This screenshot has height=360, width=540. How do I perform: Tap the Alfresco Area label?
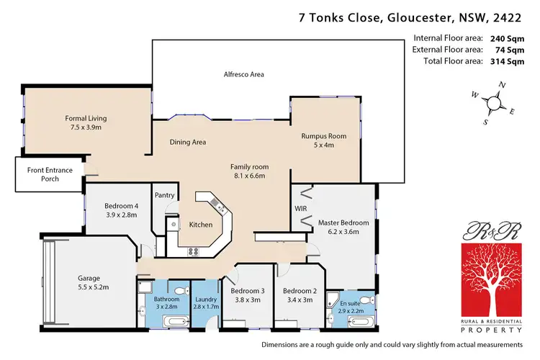pyautogui.click(x=243, y=74)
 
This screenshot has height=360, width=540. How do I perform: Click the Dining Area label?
pyautogui.click(x=188, y=142)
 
